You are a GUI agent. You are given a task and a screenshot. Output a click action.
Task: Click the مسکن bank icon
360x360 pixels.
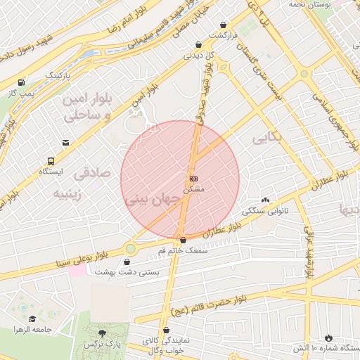click(x=193, y=179)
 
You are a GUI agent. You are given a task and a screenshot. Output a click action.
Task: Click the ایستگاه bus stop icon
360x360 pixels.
click(x=51, y=160)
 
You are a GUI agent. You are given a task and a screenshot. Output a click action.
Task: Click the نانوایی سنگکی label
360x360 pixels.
click(x=265, y=210)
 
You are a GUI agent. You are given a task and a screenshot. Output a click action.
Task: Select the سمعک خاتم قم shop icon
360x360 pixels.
click(x=183, y=240)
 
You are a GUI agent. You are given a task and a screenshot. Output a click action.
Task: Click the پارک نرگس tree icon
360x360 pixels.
click(x=103, y=333)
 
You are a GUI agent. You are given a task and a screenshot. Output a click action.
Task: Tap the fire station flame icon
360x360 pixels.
click(x=328, y=337)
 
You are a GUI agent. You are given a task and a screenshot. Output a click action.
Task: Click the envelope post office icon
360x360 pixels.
click(x=65, y=143)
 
